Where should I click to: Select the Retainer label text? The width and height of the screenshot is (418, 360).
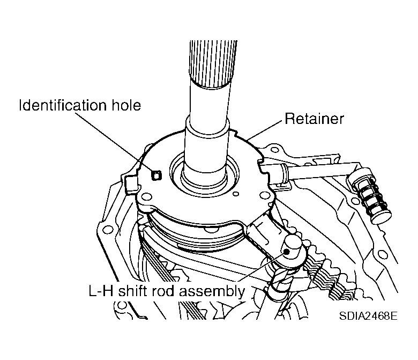(314, 118)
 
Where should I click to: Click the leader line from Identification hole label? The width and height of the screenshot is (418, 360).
(121, 141)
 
